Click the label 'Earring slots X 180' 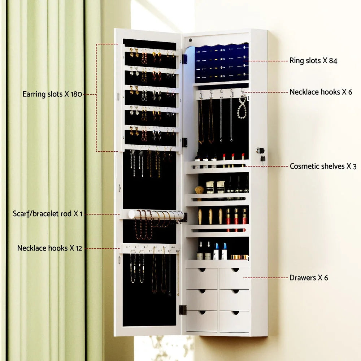(53, 94)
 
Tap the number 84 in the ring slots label (333, 61)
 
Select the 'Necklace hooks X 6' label (321, 92)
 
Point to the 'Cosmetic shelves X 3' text (323, 166)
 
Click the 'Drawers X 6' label (309, 278)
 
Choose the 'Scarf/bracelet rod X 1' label (48, 214)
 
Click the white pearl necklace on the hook (242, 107)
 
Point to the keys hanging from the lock (262, 159)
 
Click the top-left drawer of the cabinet (201, 278)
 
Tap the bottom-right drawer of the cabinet (234, 321)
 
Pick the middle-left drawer (201, 299)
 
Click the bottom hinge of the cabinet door (183, 310)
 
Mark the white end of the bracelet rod (132, 214)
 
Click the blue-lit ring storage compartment (221, 63)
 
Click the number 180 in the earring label (76, 94)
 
